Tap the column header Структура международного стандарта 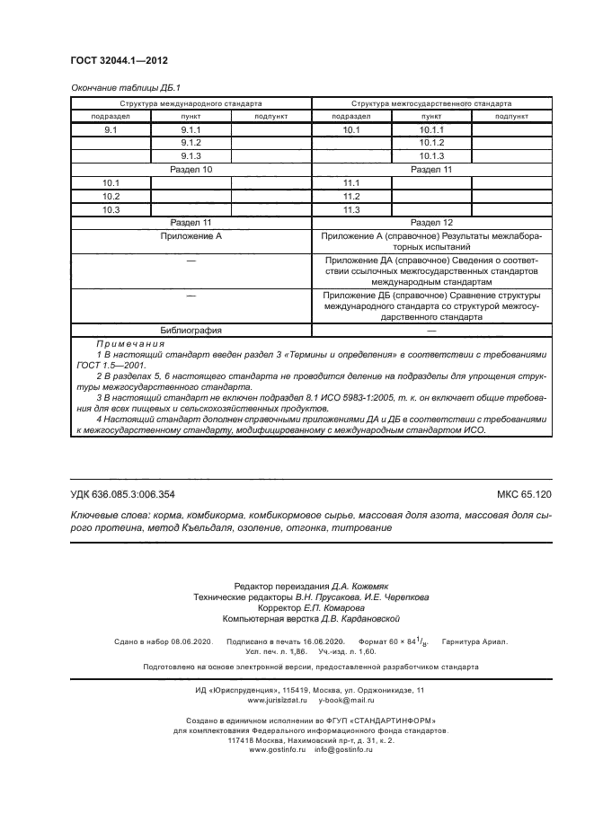click(191, 103)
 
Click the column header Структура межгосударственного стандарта click(431, 103)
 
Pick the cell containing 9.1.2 click(191, 144)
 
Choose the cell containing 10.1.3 click(431, 156)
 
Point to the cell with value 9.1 click(111, 131)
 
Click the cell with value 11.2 click(351, 196)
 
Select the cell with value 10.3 click(111, 209)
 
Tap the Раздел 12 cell click(431, 223)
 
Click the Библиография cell click(191, 330)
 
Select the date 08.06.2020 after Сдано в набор click(190, 642)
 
